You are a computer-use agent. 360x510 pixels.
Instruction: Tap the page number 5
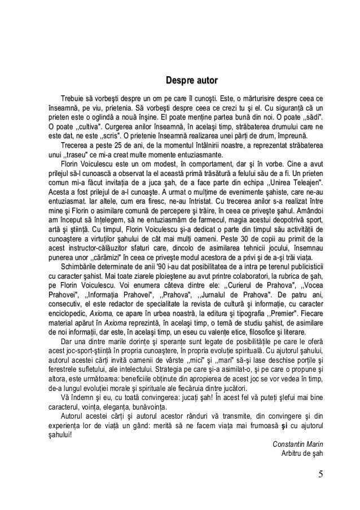click(x=320, y=473)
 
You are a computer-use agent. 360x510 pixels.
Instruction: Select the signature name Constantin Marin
click(x=298, y=443)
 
